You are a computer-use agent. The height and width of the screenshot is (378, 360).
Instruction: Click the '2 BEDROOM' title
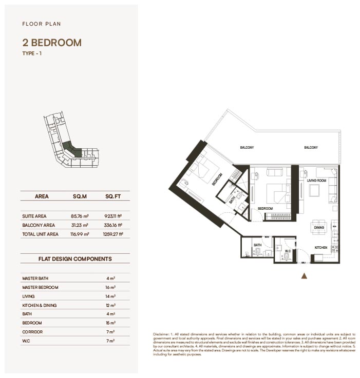(x=52, y=43)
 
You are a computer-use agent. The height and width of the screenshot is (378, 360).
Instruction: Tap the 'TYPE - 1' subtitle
(x=32, y=53)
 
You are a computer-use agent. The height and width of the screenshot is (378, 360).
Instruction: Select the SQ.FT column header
(x=113, y=196)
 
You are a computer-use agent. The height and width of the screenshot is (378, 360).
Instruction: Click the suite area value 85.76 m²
(x=80, y=216)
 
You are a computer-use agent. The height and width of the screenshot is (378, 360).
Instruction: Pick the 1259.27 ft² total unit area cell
(x=113, y=234)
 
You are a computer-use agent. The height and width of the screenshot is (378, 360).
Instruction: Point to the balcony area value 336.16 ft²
(x=113, y=225)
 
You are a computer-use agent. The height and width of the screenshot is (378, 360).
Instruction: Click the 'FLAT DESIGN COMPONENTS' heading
(x=75, y=259)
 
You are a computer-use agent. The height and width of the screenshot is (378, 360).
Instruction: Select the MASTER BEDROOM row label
(x=40, y=287)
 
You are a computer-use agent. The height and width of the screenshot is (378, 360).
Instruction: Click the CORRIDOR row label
(x=33, y=332)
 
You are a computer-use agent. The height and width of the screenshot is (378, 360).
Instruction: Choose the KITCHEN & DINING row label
(x=40, y=305)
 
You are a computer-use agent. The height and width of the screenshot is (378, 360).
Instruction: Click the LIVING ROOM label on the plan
(x=317, y=181)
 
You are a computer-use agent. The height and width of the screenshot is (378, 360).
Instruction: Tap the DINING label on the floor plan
(x=319, y=227)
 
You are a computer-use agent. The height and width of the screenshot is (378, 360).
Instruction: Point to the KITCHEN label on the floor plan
(x=321, y=247)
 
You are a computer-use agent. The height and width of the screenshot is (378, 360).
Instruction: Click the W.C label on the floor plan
(x=288, y=251)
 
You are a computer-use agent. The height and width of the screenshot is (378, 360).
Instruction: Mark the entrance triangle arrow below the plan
(x=304, y=276)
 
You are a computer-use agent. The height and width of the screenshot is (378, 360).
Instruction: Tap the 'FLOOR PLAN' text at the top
(x=42, y=24)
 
